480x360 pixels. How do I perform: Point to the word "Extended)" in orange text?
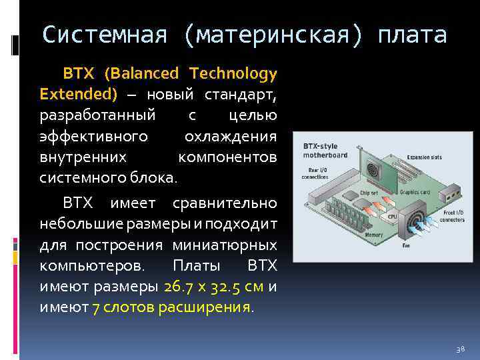click(78, 93)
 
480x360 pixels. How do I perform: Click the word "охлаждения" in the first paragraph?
click(230, 136)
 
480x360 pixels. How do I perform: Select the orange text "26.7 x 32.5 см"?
click(214, 287)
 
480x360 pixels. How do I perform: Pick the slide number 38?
click(460, 349)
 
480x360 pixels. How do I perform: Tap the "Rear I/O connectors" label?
click(314, 175)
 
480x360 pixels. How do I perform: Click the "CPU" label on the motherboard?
click(392, 217)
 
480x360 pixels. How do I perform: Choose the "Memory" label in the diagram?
click(373, 235)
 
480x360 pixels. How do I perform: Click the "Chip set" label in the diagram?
click(369, 193)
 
